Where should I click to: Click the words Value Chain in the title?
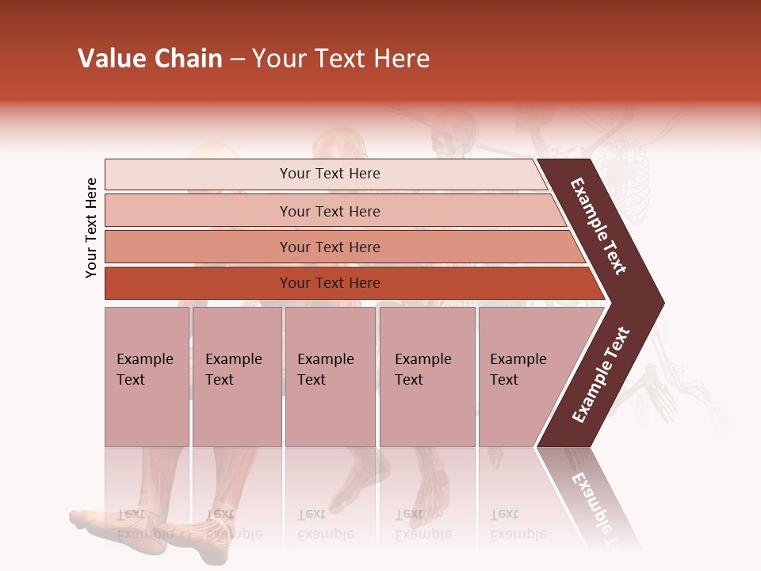click(x=150, y=59)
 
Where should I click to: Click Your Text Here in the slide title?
click(x=341, y=59)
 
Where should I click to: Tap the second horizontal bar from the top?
click(x=330, y=211)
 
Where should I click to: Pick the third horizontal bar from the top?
click(x=330, y=247)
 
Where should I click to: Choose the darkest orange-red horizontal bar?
click(x=330, y=283)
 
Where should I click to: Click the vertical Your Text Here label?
click(x=91, y=228)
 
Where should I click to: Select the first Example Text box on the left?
click(x=147, y=376)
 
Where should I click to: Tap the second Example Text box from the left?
click(x=236, y=376)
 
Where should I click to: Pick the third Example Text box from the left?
click(x=330, y=376)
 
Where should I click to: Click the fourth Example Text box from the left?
click(x=426, y=376)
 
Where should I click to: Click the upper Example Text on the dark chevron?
click(x=598, y=226)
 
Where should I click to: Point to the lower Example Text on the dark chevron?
click(x=601, y=375)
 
